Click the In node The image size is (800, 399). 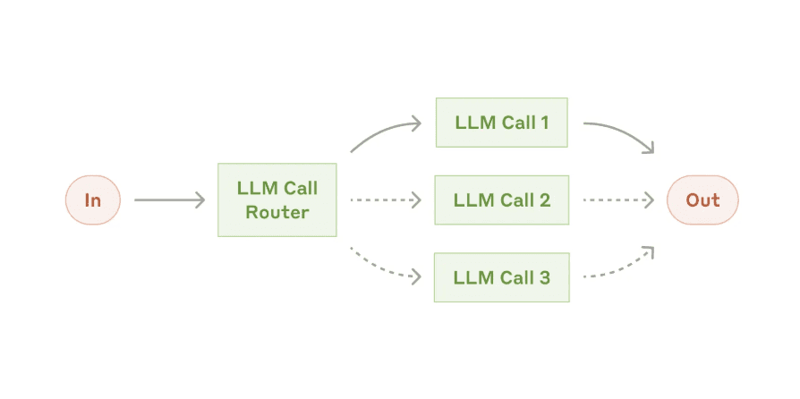click(x=92, y=200)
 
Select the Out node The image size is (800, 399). click(x=702, y=200)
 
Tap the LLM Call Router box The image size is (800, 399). click(x=277, y=200)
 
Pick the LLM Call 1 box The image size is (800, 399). click(x=501, y=123)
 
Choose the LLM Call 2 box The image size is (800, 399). click(x=501, y=200)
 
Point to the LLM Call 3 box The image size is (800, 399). click(x=501, y=277)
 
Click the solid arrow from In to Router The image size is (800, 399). click(x=170, y=200)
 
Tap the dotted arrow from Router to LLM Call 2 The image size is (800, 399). click(x=385, y=200)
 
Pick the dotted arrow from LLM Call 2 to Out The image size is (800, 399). click(x=617, y=200)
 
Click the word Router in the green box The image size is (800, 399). click(x=277, y=213)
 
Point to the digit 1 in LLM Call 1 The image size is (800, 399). click(x=544, y=123)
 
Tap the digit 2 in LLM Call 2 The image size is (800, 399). click(x=544, y=200)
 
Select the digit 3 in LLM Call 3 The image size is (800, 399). click(x=544, y=277)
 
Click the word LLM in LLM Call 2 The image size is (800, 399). click(x=471, y=200)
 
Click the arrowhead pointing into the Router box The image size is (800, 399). click(x=201, y=200)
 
